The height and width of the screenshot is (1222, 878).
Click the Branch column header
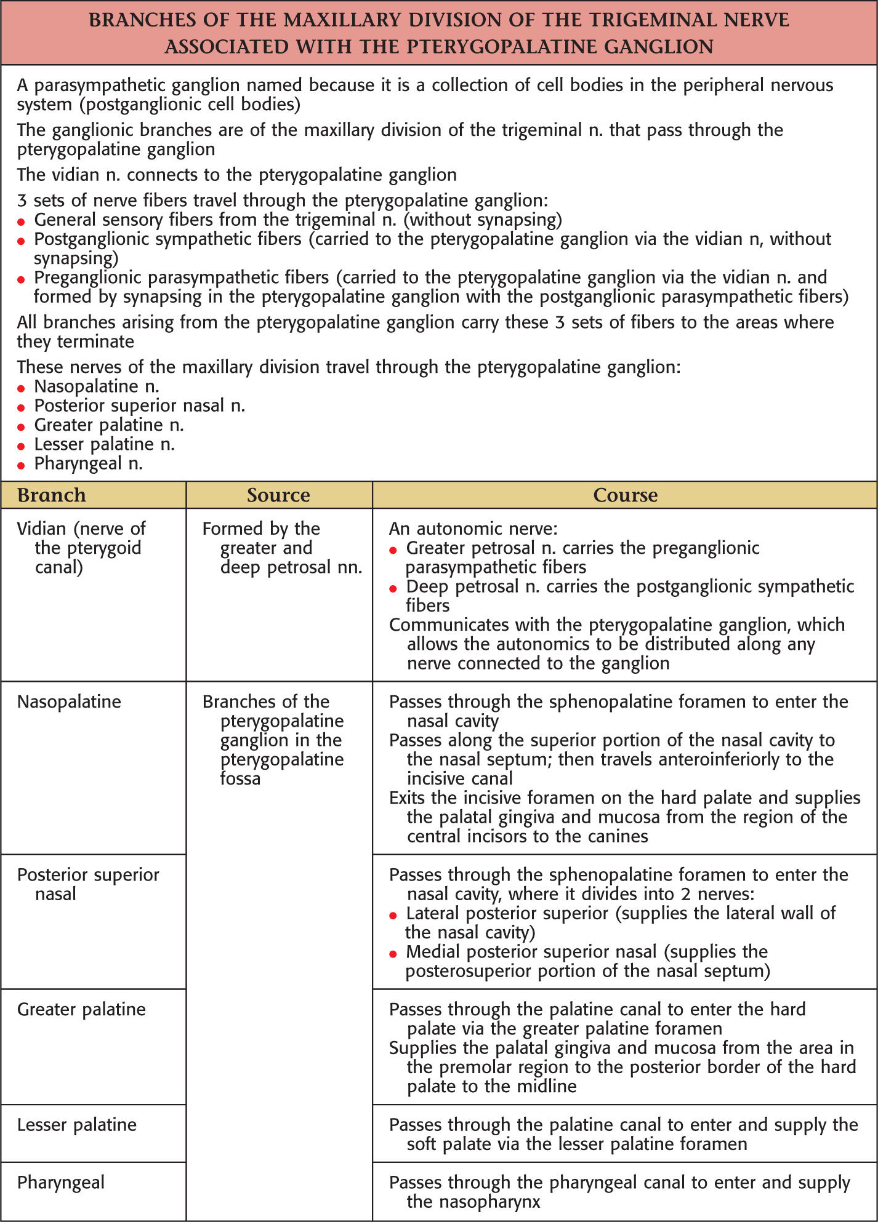52,495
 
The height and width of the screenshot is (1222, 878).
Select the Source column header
278,495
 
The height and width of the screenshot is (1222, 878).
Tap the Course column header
625,495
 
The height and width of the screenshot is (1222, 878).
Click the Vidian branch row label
81,548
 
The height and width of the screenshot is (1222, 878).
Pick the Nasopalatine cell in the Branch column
69,701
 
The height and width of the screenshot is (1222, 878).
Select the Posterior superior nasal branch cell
87,884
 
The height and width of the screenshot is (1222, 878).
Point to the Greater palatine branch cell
81,1009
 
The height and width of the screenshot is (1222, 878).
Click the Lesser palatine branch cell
77,1124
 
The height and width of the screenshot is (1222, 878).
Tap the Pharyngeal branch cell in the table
61,1182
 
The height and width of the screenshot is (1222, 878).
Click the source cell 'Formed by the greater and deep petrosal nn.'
282,548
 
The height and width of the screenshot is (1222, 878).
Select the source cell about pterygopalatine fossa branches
273,740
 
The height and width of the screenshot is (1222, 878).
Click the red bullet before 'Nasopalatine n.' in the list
21,388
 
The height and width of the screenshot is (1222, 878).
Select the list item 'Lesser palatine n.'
105,444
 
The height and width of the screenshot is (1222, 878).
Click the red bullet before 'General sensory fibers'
21,222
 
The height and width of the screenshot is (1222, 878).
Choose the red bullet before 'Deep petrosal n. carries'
393,589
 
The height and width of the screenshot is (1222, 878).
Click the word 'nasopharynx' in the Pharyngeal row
473,1202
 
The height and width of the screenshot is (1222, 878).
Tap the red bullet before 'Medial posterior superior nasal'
393,954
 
